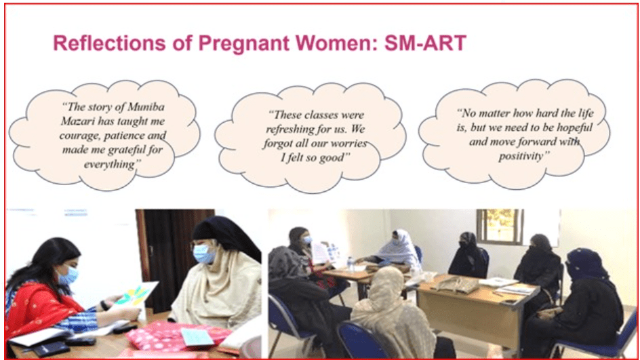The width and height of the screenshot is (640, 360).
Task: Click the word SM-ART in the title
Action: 425,43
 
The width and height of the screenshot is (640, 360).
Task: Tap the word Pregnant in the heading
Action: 243,44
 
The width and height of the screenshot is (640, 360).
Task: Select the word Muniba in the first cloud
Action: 146,107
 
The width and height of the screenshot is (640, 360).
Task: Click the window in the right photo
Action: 499,226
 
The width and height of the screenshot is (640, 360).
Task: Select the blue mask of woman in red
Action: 67,275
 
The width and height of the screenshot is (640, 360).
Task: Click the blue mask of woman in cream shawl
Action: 203,254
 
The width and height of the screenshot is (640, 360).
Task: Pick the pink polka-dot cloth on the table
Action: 176,335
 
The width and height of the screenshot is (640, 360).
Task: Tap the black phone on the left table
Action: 51,349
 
